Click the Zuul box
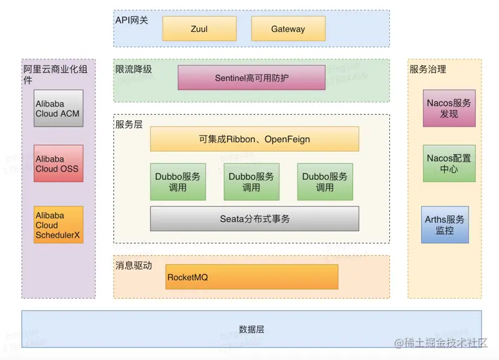[x=199, y=29]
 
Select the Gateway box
[x=288, y=29]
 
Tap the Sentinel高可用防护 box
[x=251, y=78]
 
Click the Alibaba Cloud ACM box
[x=59, y=109]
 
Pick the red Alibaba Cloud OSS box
[x=59, y=163]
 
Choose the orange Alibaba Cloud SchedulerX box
[x=59, y=225]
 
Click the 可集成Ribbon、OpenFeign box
[x=254, y=139]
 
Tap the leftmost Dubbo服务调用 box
[x=178, y=182]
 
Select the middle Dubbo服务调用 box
[x=251, y=182]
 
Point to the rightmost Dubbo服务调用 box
[x=325, y=182]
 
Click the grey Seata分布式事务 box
[x=254, y=219]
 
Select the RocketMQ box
[x=251, y=276]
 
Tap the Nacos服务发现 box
[x=449, y=108]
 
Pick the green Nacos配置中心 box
[x=449, y=163]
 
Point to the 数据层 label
[x=251, y=329]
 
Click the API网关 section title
[x=132, y=20]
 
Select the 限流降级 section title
[x=133, y=69]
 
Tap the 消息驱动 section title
[x=133, y=265]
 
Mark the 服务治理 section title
[x=428, y=69]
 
